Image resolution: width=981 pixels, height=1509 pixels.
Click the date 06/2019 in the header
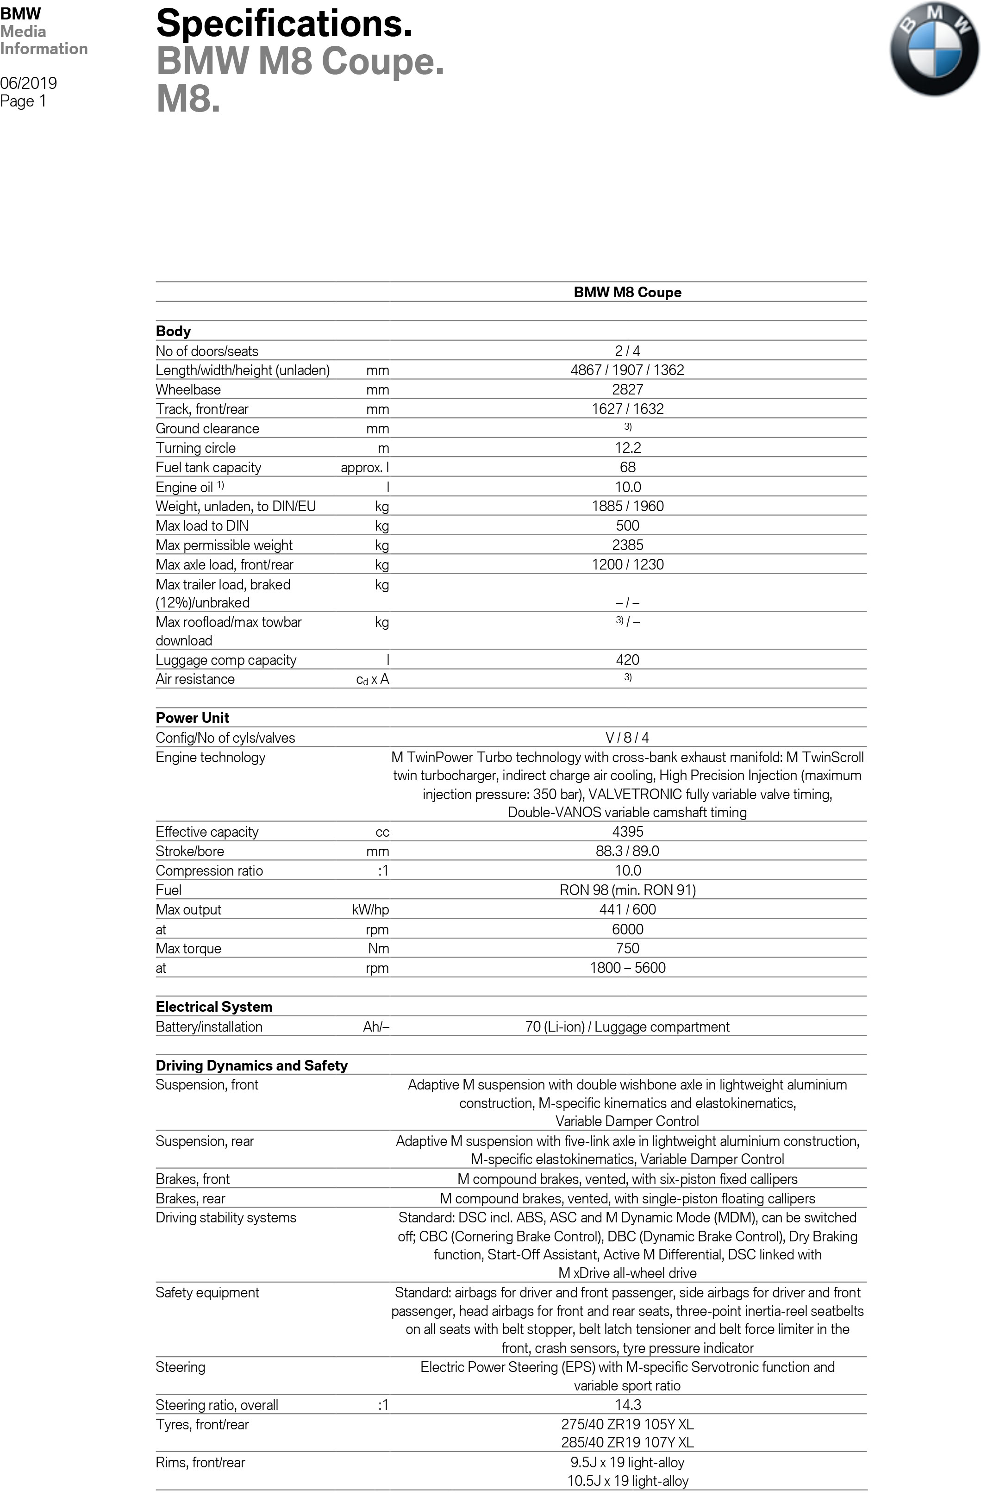pyautogui.click(x=29, y=83)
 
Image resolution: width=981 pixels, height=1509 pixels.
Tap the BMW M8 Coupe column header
pyautogui.click(x=627, y=292)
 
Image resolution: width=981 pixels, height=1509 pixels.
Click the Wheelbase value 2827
pyautogui.click(x=627, y=389)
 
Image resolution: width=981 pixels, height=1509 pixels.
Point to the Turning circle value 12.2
pyautogui.click(x=627, y=448)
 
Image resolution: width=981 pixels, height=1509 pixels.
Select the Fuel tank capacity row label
pyautogui.click(x=209, y=467)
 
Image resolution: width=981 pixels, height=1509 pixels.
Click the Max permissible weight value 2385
pyautogui.click(x=627, y=545)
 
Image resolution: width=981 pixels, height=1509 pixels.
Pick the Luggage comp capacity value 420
pyautogui.click(x=627, y=659)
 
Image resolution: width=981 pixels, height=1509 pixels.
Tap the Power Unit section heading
pyautogui.click(x=192, y=718)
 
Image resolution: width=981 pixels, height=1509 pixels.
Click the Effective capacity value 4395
pyautogui.click(x=627, y=831)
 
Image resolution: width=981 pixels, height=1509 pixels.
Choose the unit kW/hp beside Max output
pyautogui.click(x=370, y=909)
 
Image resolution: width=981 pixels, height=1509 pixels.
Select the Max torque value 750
pyautogui.click(x=627, y=948)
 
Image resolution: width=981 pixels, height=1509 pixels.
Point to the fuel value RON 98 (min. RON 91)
pyautogui.click(x=627, y=889)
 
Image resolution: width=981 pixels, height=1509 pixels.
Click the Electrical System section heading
pyautogui.click(x=214, y=1006)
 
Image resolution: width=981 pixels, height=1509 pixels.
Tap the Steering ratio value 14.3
pyautogui.click(x=627, y=1404)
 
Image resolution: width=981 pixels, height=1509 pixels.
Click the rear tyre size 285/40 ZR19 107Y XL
pyautogui.click(x=627, y=1442)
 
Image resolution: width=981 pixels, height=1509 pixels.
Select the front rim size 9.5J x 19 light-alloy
pyautogui.click(x=627, y=1462)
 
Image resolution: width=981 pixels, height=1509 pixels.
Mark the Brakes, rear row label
pyautogui.click(x=190, y=1198)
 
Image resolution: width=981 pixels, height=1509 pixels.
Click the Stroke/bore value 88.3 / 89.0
pyautogui.click(x=627, y=851)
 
